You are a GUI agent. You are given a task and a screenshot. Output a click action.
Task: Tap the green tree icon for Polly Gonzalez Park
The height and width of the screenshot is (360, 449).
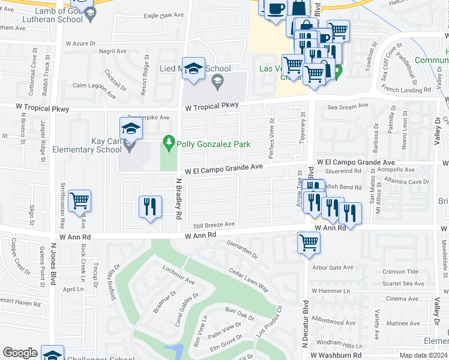(x=169, y=143)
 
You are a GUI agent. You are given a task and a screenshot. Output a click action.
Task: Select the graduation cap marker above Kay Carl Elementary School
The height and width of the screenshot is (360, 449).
(x=131, y=128)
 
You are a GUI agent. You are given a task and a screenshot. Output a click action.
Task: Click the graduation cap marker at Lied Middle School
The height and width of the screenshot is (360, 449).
(x=194, y=69)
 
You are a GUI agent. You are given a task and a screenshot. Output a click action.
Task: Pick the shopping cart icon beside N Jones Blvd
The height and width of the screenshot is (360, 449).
(x=79, y=201)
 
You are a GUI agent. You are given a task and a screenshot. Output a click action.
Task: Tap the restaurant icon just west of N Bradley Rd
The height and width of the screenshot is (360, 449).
(x=149, y=206)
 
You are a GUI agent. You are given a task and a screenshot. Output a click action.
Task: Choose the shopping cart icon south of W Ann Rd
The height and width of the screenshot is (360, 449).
(x=309, y=243)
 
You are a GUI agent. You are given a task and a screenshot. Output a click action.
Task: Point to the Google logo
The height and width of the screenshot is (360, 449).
(x=20, y=353)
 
